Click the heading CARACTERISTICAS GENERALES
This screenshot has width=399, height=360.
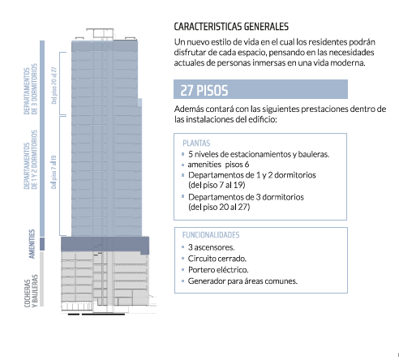click(x=231, y=27)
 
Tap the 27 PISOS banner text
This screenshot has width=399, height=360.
click(x=204, y=90)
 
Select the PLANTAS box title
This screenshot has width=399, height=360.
click(x=196, y=143)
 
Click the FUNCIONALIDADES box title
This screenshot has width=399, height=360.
click(x=211, y=235)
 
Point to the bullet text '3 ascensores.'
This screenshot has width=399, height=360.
click(x=211, y=247)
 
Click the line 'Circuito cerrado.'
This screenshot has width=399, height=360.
click(x=217, y=259)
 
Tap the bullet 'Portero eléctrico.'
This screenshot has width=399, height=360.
click(x=218, y=270)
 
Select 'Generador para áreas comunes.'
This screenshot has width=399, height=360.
click(x=242, y=281)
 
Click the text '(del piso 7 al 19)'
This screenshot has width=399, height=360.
click(x=217, y=185)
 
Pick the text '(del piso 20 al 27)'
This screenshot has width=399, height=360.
click(x=219, y=207)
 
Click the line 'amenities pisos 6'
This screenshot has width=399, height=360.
click(x=218, y=165)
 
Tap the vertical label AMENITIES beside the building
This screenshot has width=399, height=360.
click(x=32, y=244)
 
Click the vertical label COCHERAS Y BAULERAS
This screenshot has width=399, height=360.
click(x=31, y=291)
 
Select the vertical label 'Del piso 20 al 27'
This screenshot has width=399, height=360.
click(x=54, y=85)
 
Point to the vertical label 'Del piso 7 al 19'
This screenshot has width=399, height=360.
click(x=54, y=172)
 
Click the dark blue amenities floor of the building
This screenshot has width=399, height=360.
click(x=105, y=245)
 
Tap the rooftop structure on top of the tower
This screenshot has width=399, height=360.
click(x=100, y=33)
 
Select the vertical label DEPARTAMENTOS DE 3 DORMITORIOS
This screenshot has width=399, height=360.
click(x=30, y=89)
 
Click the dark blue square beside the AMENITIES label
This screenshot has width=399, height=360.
click(x=42, y=244)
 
